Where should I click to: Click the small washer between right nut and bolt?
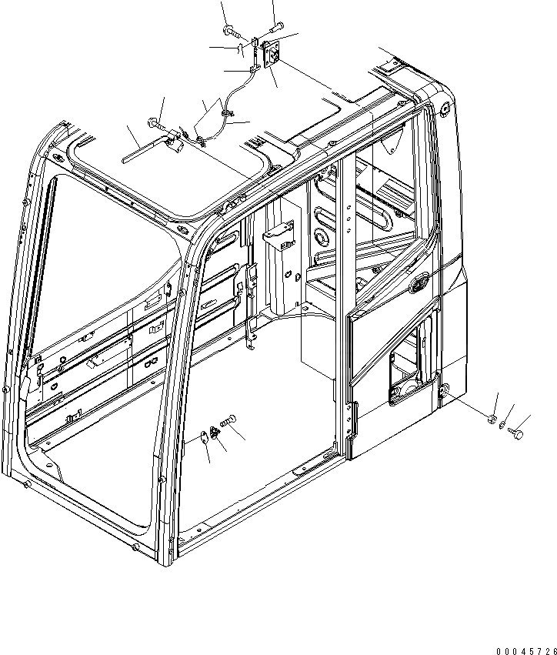(502, 426)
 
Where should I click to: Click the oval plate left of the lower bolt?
(202, 439)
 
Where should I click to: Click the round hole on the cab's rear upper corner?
(444, 109)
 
